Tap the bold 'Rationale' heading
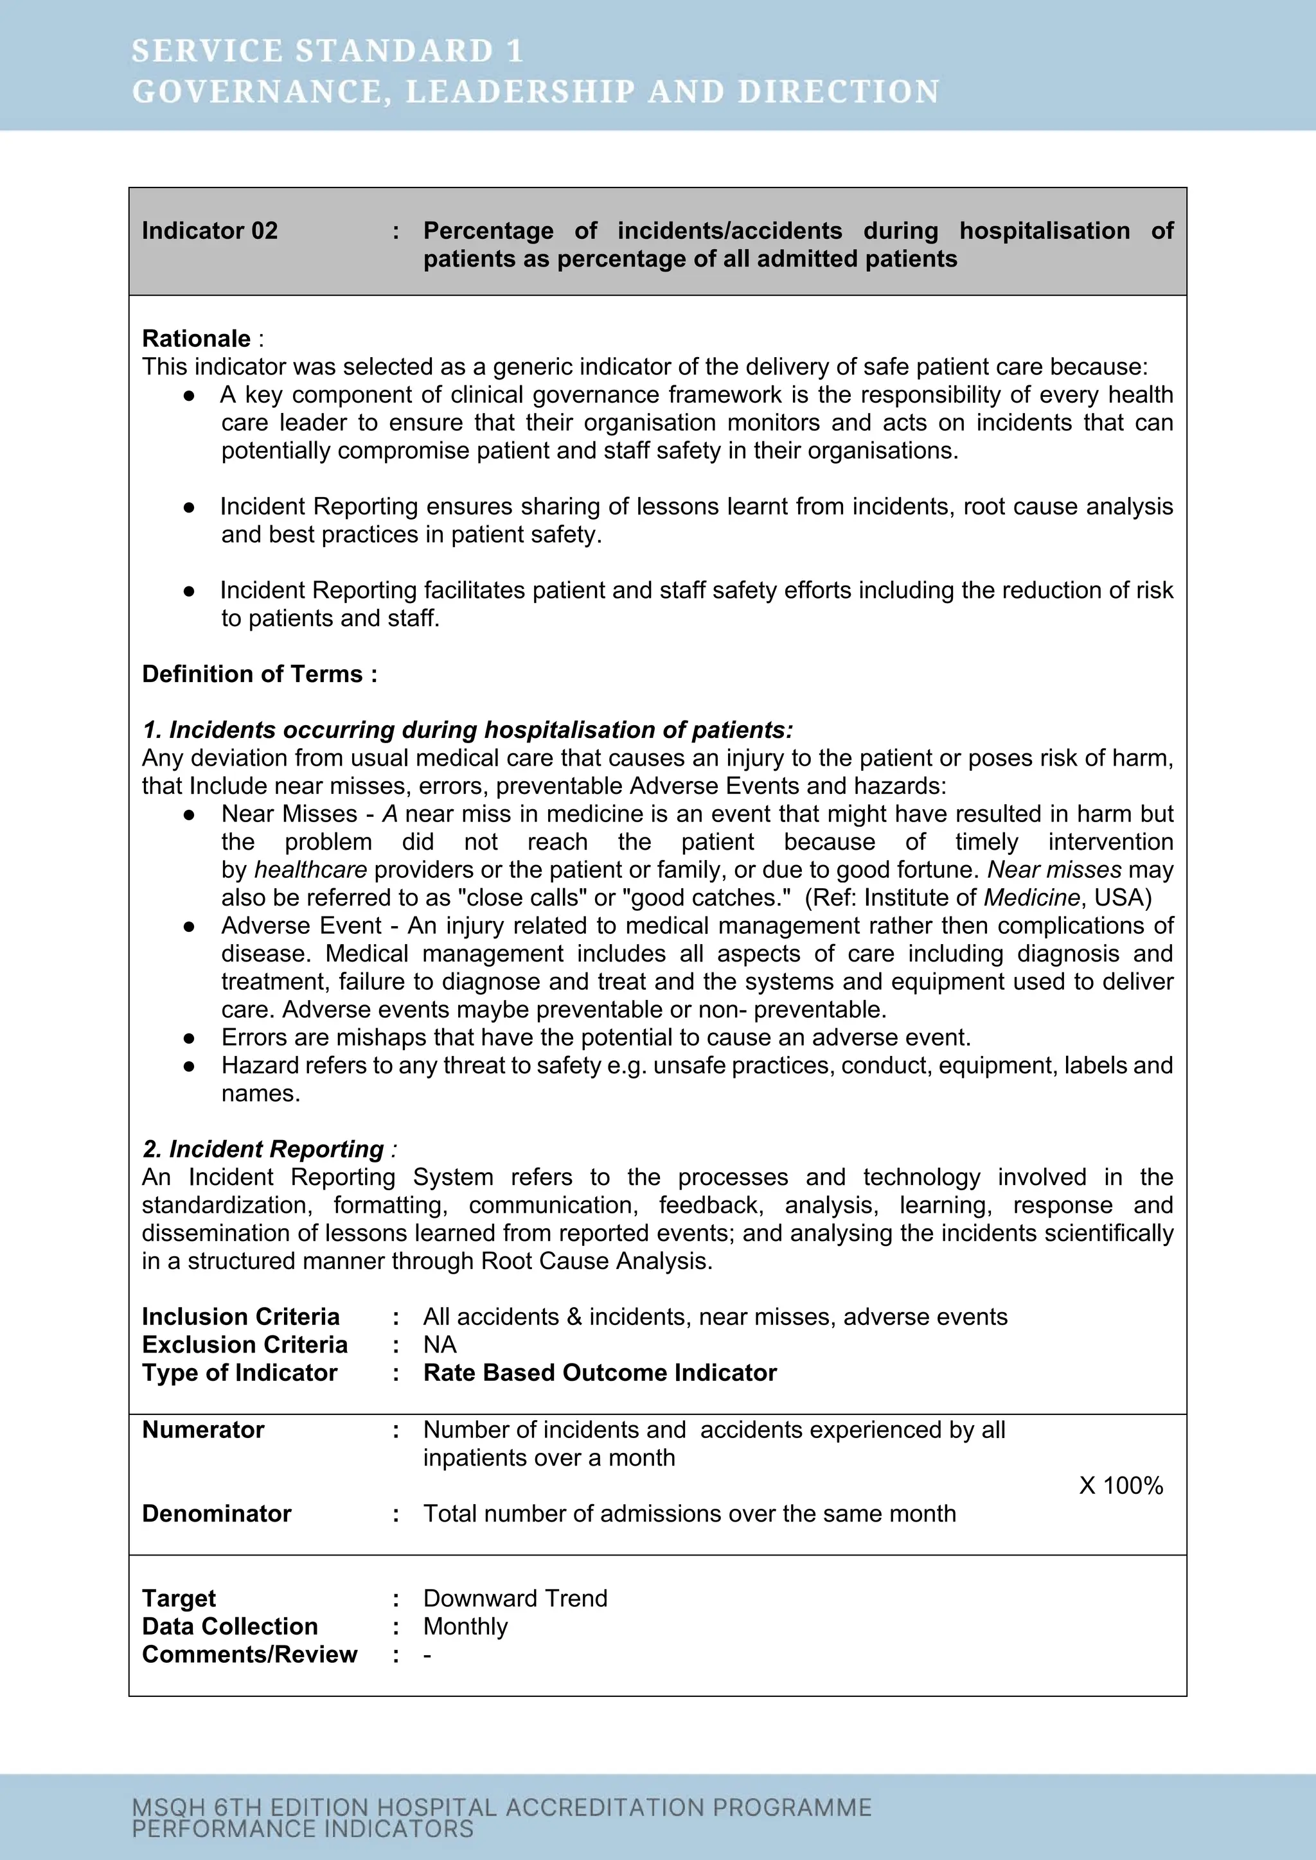(196, 338)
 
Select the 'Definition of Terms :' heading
(260, 674)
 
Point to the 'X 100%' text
(1121, 1486)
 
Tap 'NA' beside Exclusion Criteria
(440, 1345)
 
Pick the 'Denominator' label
(217, 1514)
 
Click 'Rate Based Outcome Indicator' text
(600, 1373)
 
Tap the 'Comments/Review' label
(249, 1654)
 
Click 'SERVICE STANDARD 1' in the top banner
(327, 51)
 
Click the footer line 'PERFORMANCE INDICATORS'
(302, 1829)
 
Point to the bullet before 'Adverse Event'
(189, 926)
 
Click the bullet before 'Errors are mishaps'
(189, 1038)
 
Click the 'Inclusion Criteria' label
(241, 1317)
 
